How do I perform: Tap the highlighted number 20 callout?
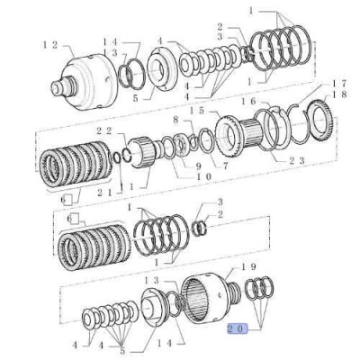[x=237, y=329]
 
